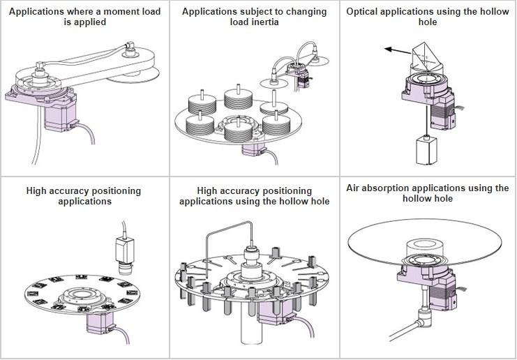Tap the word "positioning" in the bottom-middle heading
285,191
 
